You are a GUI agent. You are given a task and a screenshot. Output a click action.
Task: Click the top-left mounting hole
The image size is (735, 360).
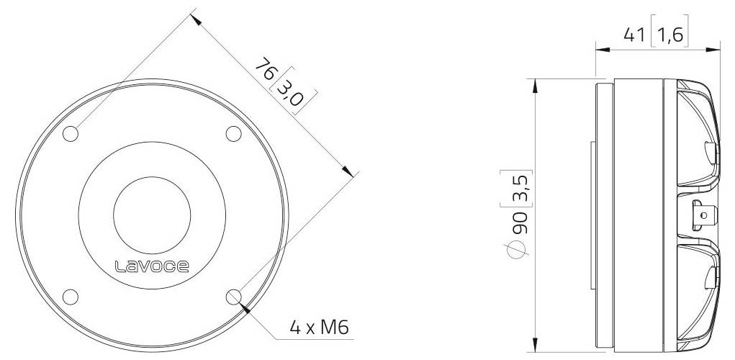71,134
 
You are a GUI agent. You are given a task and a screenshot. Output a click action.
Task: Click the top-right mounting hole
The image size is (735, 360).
233,134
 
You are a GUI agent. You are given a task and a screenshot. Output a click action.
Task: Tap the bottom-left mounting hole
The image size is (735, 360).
71,296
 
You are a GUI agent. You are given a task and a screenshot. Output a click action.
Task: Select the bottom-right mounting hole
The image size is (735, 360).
233,296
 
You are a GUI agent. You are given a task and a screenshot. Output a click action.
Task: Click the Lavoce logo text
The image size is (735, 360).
152,268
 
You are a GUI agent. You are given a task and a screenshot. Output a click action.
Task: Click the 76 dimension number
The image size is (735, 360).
264,71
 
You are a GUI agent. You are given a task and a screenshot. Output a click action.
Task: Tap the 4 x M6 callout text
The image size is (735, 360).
319,328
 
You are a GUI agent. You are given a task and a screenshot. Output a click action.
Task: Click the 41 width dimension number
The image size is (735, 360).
633,35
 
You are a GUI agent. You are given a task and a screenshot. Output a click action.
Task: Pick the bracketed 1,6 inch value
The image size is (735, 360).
669,35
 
